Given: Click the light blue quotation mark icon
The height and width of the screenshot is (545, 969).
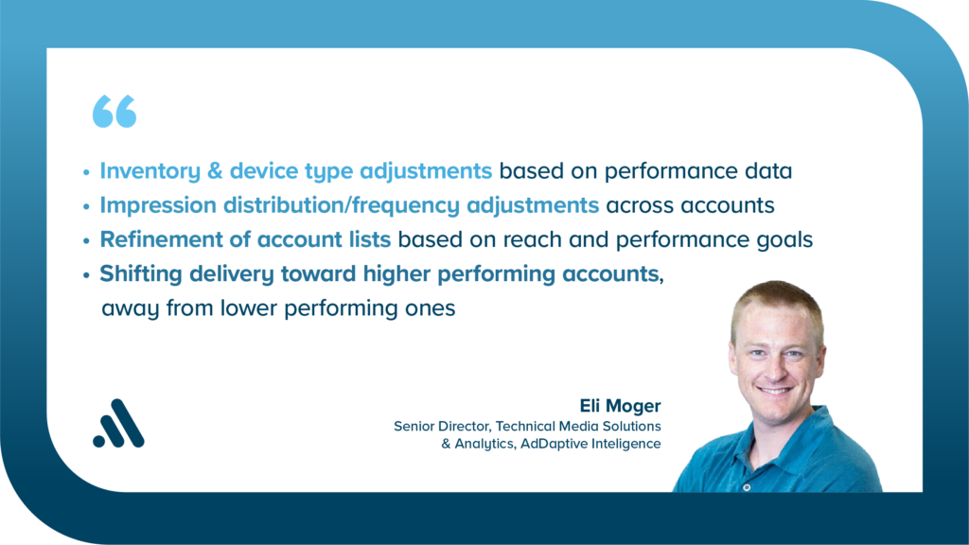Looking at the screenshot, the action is coord(115,112).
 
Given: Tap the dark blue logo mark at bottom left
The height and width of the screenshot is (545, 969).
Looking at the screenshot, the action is coord(118,423).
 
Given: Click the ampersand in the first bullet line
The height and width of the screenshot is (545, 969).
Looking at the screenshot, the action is coord(215,170).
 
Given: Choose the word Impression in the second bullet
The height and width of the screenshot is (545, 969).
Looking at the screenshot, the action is coord(158,205).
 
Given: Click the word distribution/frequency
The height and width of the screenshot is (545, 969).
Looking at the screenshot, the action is coord(341,205).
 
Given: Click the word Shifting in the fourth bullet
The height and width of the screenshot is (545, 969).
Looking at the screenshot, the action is coord(141,274).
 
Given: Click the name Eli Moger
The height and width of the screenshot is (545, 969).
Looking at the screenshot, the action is coord(620,406).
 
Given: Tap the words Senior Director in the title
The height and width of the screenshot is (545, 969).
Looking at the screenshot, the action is coord(443,427).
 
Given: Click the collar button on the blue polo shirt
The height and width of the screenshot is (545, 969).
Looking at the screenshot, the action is coord(747,487).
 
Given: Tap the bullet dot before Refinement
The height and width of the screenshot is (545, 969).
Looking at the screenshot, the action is coord(86,240).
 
